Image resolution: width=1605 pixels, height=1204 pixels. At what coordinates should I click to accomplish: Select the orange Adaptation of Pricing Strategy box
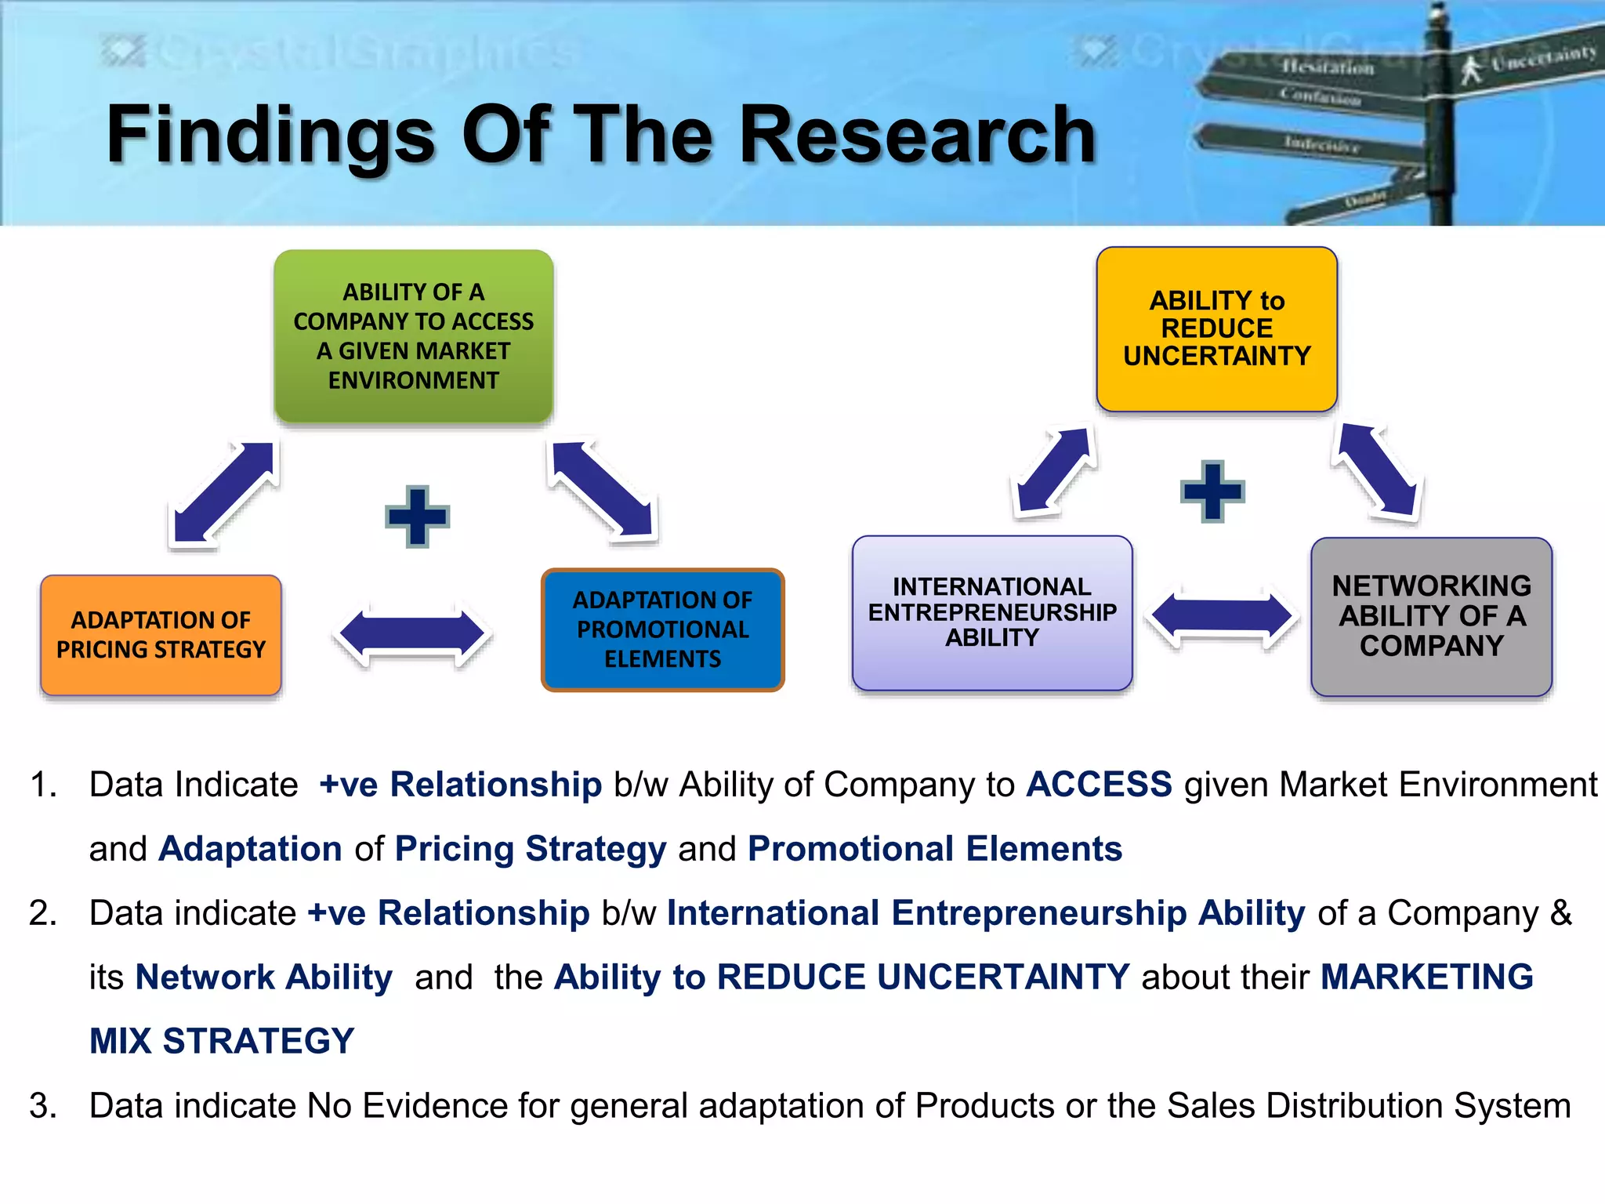161,635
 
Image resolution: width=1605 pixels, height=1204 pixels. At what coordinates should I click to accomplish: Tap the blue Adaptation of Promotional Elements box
662,629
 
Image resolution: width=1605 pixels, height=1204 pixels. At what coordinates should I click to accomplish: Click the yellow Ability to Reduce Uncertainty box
1216,329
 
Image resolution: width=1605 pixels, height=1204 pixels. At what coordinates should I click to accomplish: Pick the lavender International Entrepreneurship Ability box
992,613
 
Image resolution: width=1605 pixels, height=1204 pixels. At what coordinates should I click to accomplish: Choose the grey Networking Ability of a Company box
1431,616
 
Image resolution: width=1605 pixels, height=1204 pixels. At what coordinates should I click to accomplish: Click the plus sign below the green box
417,517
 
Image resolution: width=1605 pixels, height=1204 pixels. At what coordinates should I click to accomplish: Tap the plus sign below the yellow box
1212,491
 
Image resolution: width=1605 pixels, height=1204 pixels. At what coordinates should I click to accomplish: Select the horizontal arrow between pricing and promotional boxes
412,634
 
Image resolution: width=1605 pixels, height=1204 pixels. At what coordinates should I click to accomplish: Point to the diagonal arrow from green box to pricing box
224,492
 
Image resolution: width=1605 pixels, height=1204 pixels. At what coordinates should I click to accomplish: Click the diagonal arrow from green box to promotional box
602,489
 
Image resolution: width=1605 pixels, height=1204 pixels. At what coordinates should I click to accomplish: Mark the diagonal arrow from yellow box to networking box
1377,470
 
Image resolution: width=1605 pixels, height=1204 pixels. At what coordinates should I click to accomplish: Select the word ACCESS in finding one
1099,785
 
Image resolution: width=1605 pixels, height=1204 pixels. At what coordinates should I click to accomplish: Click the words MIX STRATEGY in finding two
222,1041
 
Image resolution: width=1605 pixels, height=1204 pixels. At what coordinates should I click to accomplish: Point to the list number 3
42,1106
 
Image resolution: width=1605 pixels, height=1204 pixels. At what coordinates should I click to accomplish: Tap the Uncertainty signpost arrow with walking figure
1528,63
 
